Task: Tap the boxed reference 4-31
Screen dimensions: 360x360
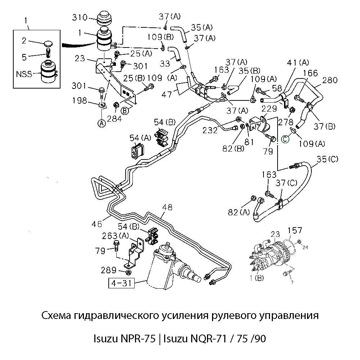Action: pyautogui.click(x=121, y=284)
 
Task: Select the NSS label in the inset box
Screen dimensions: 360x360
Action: pyautogui.click(x=24, y=75)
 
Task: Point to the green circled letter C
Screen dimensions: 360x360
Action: pyautogui.click(x=285, y=139)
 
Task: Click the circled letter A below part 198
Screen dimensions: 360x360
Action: pyautogui.click(x=102, y=123)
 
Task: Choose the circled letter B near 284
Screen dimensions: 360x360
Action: pyautogui.click(x=125, y=111)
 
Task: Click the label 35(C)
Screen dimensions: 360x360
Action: pyautogui.click(x=328, y=159)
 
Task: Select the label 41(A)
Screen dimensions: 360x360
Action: pyautogui.click(x=297, y=62)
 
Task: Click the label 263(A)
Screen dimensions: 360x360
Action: pyautogui.click(x=115, y=235)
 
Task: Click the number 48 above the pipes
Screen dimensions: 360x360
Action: pyautogui.click(x=167, y=207)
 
